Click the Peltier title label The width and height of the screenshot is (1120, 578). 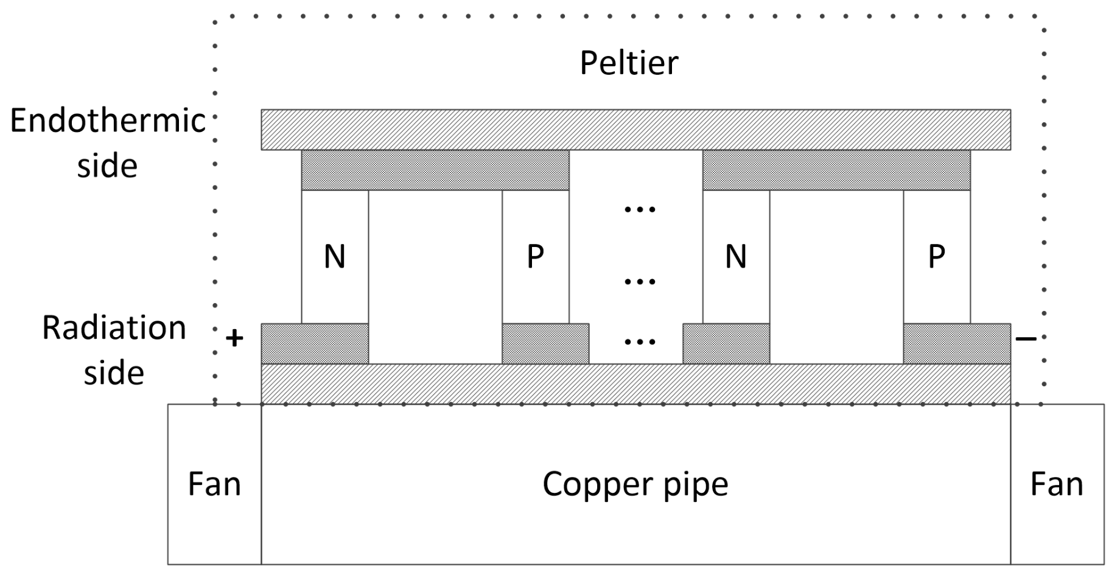coord(629,63)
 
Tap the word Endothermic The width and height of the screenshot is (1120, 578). coord(108,120)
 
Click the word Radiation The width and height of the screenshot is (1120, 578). coord(114,328)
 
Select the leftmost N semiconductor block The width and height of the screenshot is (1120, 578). coord(335,257)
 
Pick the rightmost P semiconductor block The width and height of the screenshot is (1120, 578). coord(936,257)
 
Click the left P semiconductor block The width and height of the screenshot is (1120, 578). coord(535,257)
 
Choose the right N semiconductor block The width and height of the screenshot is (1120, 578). coord(735,257)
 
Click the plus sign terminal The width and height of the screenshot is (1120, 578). coord(234,338)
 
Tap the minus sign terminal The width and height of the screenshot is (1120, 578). coord(1026,338)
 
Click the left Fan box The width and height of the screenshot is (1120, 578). coord(214,484)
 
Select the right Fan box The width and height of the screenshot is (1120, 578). coord(1057,484)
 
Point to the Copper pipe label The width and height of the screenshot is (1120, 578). coord(635,484)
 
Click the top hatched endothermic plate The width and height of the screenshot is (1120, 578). coord(635,130)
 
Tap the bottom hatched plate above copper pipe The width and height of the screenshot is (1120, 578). coord(635,384)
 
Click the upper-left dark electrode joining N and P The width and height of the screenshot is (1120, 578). coord(435,170)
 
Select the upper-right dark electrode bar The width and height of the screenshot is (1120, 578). coord(836,170)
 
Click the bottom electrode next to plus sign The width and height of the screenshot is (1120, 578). coord(315,344)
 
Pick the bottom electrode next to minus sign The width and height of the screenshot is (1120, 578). coord(957,344)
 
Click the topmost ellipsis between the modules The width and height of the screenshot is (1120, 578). coord(640,210)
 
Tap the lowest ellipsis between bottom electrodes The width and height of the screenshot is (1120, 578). coord(640,342)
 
